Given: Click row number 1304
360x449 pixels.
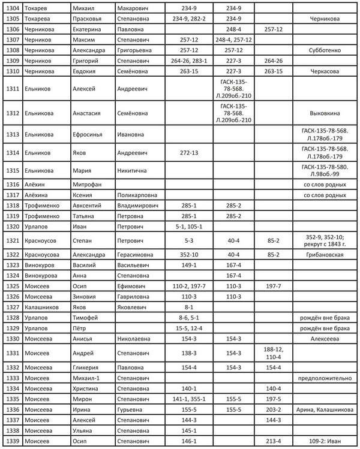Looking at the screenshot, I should click(x=11, y=8).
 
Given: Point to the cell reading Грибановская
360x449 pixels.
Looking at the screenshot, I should click(x=325, y=254).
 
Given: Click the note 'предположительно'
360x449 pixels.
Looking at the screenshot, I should click(x=325, y=378).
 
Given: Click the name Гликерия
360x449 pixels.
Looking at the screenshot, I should click(x=87, y=367).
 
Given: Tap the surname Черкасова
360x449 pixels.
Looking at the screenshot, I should click(x=325, y=71).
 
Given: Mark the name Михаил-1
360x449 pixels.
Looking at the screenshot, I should click(x=88, y=378).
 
